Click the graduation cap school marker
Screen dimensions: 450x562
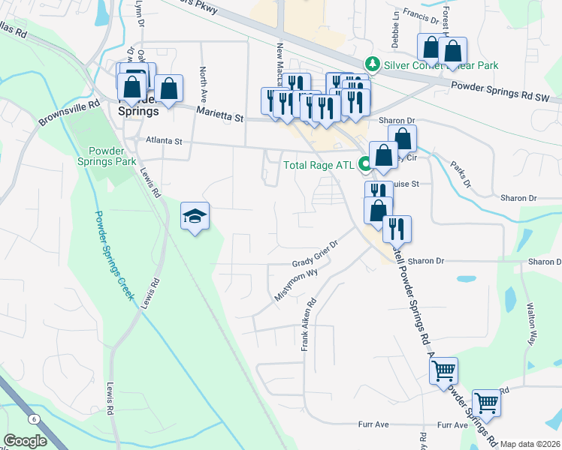pos(195,217)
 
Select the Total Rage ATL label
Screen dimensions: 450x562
pos(321,165)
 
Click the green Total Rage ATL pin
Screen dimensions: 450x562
pos(366,163)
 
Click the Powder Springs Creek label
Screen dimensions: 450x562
pos(115,255)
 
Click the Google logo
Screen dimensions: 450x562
pos(25,441)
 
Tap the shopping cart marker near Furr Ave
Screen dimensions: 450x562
pos(487,403)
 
